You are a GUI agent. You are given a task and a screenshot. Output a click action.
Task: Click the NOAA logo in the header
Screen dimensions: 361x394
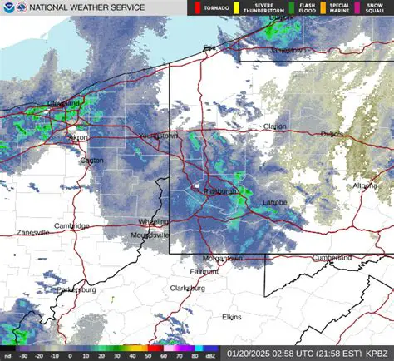coord(8,9)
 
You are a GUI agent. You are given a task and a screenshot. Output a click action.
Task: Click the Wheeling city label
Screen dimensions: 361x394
coord(152,222)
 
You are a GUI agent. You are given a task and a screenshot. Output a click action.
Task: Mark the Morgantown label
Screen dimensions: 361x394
coord(223,258)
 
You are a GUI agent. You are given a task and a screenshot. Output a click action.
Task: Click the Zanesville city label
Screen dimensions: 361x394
coord(32,233)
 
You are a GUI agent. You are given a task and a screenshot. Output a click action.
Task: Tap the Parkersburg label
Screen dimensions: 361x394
coord(77,289)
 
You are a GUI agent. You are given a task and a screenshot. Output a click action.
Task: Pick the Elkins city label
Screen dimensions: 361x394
coord(232,317)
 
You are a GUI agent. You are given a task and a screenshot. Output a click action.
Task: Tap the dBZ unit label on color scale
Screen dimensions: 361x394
coord(210,354)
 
